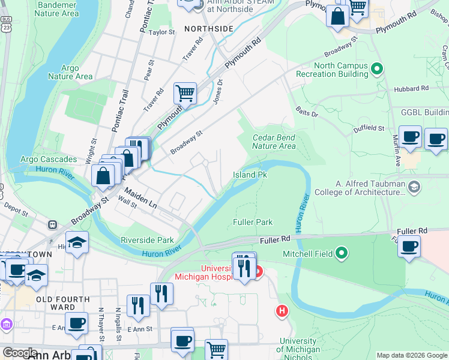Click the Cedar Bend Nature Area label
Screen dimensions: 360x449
tap(274, 141)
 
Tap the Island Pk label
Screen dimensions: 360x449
tap(250, 175)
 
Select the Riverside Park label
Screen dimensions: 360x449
tap(147, 240)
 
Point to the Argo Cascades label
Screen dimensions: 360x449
tap(49, 160)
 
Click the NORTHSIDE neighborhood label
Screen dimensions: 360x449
tap(208, 29)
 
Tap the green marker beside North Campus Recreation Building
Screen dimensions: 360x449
tap(377, 70)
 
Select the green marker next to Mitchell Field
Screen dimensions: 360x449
tap(342, 253)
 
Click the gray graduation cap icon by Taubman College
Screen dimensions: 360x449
tap(414, 188)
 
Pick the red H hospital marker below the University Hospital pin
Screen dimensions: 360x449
tap(282, 311)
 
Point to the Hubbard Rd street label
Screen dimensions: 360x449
tap(412, 88)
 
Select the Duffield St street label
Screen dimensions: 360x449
tap(368, 128)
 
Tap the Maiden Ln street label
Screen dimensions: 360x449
tap(141, 199)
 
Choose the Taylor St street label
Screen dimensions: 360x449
tap(161, 32)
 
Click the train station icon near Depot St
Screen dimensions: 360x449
tap(52, 224)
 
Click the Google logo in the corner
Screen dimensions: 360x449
tap(20, 353)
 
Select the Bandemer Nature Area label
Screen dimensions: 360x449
tap(58, 9)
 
